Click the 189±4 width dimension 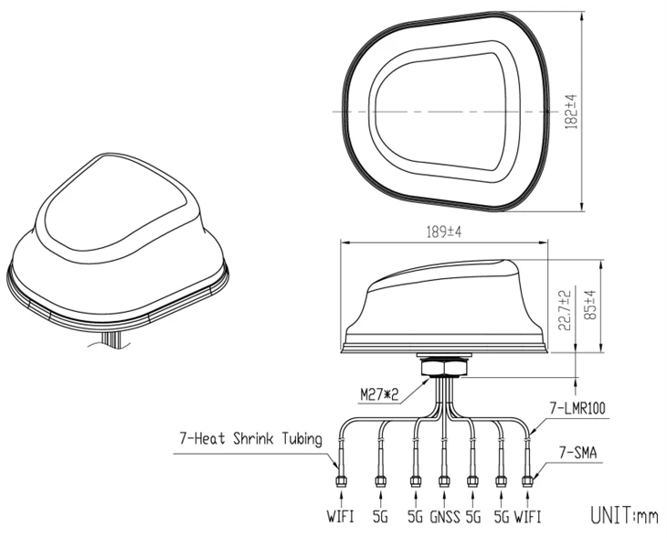click(444, 232)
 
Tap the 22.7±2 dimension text click(565, 310)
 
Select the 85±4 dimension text click(591, 305)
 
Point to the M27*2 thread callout click(379, 395)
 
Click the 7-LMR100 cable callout click(577, 408)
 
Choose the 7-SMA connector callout click(577, 452)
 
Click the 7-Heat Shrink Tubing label click(250, 438)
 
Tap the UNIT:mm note click(624, 514)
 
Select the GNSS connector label click(445, 517)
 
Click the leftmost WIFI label click(340, 517)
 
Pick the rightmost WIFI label click(527, 517)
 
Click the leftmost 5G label click(380, 517)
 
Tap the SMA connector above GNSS click(444, 481)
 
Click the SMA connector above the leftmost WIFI click(341, 481)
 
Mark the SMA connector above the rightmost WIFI click(528, 481)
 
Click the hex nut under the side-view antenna click(444, 367)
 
